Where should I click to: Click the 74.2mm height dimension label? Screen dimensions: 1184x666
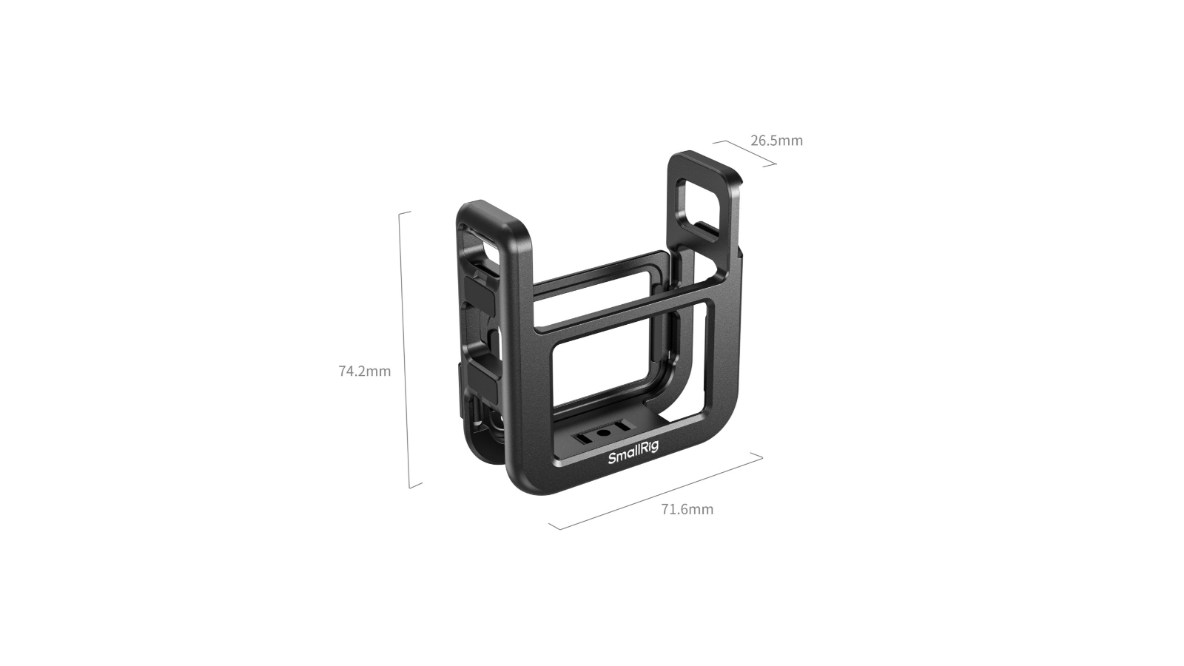click(x=365, y=371)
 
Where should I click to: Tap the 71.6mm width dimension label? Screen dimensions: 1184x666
click(x=687, y=509)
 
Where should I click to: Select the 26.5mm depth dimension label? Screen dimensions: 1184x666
click(x=776, y=141)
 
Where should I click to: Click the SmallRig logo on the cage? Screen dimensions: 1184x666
click(x=633, y=454)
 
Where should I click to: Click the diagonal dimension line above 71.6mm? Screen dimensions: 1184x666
click(x=656, y=491)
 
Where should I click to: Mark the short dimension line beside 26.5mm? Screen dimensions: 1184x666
click(x=744, y=152)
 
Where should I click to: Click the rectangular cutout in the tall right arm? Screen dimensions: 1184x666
click(x=699, y=204)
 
